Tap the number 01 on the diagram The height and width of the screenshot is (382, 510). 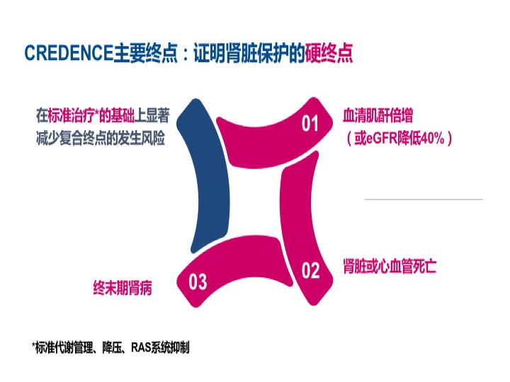[x=311, y=125]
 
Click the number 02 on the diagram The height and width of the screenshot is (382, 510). [x=311, y=270]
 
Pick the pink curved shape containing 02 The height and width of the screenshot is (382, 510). [x=301, y=226]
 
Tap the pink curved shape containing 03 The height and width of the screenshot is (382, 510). [x=227, y=279]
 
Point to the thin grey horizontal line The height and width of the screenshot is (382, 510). [x=423, y=199]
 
